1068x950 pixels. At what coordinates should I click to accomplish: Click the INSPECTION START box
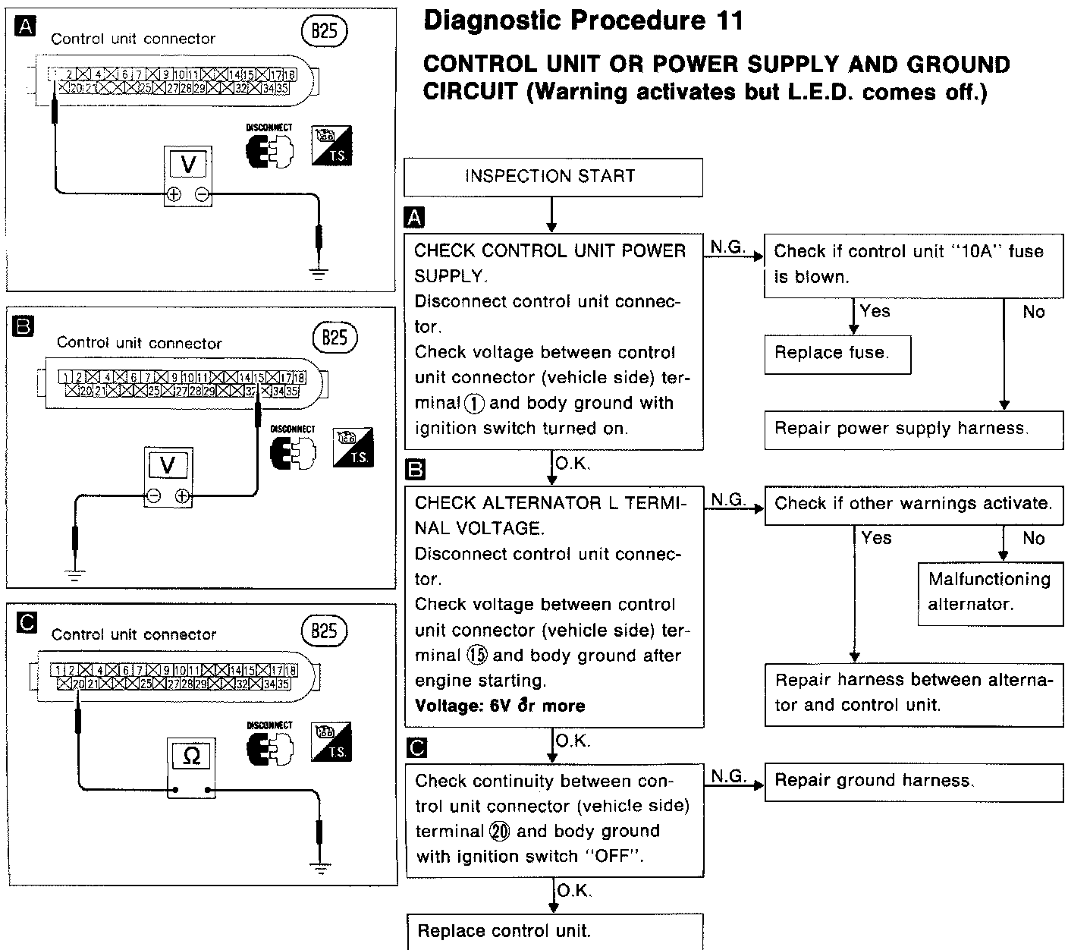pyautogui.click(x=553, y=177)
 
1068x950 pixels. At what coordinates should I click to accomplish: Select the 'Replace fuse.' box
pyautogui.click(x=837, y=353)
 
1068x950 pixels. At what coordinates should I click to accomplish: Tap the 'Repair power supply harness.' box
pyautogui.click(x=913, y=429)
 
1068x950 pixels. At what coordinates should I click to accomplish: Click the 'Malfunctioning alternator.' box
pyautogui.click(x=990, y=592)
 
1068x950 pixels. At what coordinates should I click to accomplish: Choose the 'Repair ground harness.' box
pyautogui.click(x=913, y=781)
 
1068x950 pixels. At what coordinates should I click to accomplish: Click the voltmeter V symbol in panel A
pyautogui.click(x=188, y=165)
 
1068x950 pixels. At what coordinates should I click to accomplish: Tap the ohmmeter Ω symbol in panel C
pyautogui.click(x=192, y=756)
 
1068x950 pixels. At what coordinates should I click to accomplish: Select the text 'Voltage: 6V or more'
pyautogui.click(x=500, y=706)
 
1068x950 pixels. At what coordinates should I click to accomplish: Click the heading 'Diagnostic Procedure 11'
pyautogui.click(x=583, y=20)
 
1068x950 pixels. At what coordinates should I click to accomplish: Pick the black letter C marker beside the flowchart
pyautogui.click(x=416, y=748)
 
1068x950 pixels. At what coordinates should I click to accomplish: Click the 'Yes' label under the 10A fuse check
pyautogui.click(x=875, y=311)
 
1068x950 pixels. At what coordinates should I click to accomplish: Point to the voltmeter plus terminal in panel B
pyautogui.click(x=182, y=496)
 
